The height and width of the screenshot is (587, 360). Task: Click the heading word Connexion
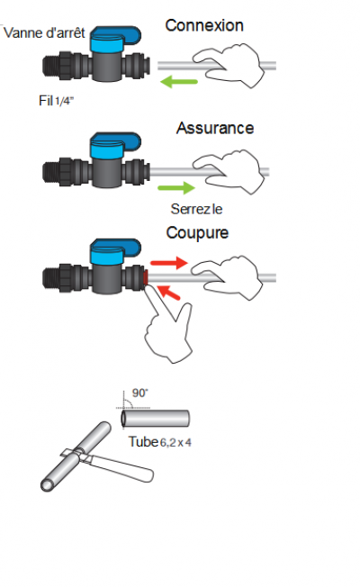coord(204,25)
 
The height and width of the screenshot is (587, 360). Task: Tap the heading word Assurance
coord(215,128)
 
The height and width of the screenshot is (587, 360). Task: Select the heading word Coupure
coord(197,232)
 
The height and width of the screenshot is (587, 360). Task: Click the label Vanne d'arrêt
coord(44,32)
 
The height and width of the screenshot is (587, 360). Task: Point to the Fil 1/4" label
coord(56,100)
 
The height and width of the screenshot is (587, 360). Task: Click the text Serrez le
coord(196,209)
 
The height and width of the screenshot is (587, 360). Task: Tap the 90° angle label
coord(140,393)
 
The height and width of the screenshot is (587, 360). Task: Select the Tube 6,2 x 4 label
coord(160,442)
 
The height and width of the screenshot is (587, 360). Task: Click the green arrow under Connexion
coord(178,81)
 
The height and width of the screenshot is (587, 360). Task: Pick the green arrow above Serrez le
coord(176,187)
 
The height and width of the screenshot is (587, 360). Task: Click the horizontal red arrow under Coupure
coord(169,263)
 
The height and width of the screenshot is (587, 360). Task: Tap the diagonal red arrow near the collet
coord(168,293)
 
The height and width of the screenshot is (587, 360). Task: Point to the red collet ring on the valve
coord(146,277)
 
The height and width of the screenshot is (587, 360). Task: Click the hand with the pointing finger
coord(168,326)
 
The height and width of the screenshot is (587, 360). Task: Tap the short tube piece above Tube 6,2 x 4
coord(155,419)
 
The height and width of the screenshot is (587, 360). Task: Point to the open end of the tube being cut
coord(47,485)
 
